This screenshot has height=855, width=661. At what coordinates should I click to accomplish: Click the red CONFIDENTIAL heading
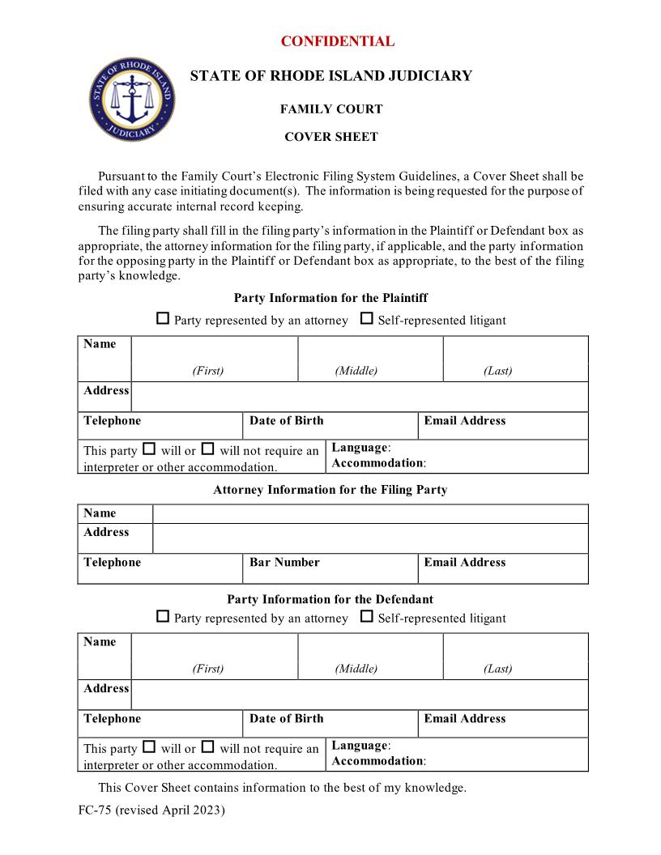point(337,41)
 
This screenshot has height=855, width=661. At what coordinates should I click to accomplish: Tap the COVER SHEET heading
point(330,137)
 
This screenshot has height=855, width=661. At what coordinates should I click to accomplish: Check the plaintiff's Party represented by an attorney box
point(163,319)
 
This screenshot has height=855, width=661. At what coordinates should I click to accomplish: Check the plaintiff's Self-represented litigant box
point(366,319)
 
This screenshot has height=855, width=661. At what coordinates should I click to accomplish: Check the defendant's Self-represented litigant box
point(366,617)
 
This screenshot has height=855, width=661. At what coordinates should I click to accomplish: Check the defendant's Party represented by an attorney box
point(163,617)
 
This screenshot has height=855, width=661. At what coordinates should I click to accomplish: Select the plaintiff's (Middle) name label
point(356,371)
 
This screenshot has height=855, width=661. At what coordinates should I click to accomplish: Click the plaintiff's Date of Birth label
point(286,420)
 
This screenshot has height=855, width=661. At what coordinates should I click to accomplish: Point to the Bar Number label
point(284,562)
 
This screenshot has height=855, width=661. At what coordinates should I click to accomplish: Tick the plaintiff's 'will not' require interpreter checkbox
point(207,449)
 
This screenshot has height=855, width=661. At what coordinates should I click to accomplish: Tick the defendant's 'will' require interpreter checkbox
point(149,747)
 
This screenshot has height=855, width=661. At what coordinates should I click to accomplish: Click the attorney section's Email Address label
point(464,562)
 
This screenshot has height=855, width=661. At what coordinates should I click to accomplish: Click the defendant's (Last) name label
point(497,669)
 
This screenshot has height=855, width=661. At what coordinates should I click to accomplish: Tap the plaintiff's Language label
point(360,447)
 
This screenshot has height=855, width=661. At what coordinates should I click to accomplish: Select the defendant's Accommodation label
point(377,760)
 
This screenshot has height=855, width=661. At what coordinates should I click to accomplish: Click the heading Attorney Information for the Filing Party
point(330,489)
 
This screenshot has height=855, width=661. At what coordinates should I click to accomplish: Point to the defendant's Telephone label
point(112,718)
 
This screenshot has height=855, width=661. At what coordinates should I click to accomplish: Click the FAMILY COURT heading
point(330,109)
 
